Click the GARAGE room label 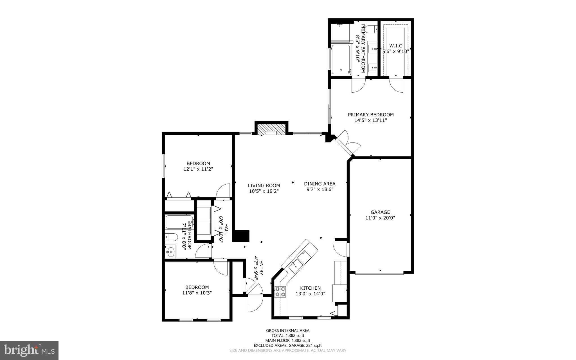tap(380, 212)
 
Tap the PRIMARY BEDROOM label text tap(371, 115)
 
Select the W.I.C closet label tap(395, 46)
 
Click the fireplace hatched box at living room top tap(271, 129)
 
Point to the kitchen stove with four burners tap(280, 292)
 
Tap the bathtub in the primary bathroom tap(340, 59)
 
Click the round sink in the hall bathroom tap(170, 252)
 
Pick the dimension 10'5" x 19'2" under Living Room tap(264, 191)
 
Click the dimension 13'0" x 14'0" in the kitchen tap(310, 294)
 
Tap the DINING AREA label tap(319, 184)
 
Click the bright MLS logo tap(29, 350)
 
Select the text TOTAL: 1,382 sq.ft tap(288, 336)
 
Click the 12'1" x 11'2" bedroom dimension tap(198, 169)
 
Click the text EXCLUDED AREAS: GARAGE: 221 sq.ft tap(288, 345)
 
